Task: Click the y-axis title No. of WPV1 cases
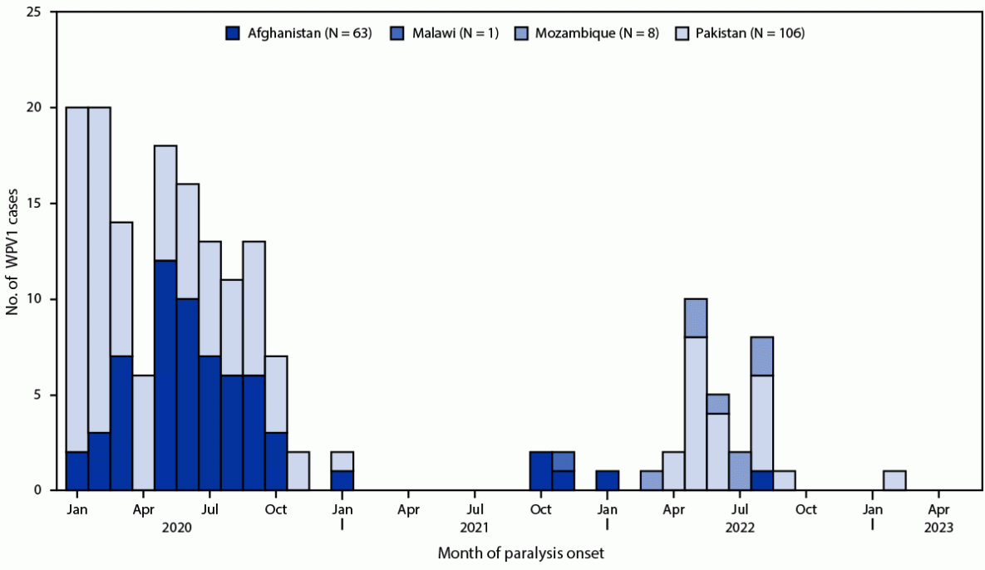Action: coord(12,251)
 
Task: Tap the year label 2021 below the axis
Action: coord(474,526)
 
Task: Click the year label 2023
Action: coord(938,526)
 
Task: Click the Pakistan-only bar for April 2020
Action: coord(143,433)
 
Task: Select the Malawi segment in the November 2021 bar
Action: coord(563,461)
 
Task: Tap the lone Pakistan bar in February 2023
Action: coord(894,480)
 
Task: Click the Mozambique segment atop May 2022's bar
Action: coord(696,317)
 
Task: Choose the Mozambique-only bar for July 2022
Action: coord(740,471)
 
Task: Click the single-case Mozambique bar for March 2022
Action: coord(652,480)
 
